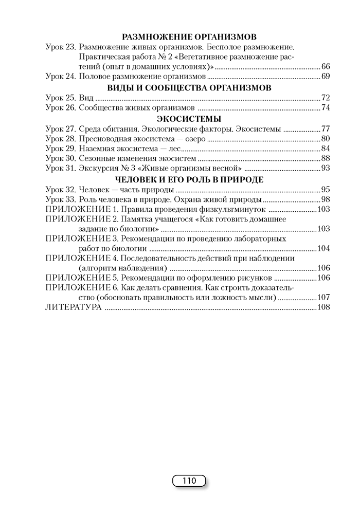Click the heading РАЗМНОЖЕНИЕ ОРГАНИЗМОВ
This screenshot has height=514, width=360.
(x=190, y=36)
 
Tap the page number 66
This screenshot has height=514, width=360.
(x=325, y=67)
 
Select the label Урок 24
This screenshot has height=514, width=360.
(x=60, y=77)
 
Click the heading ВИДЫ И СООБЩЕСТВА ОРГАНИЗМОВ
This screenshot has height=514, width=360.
(x=189, y=87)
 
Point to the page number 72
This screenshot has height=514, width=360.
(x=325, y=97)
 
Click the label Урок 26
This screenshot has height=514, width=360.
(x=60, y=107)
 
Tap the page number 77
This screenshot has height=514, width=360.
(x=325, y=128)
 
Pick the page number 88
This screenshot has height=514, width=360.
(x=325, y=158)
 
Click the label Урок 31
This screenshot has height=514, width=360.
(x=60, y=168)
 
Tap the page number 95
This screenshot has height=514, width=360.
(x=325, y=189)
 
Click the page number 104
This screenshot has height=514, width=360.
(x=323, y=248)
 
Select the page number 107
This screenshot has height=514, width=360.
(x=323, y=297)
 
